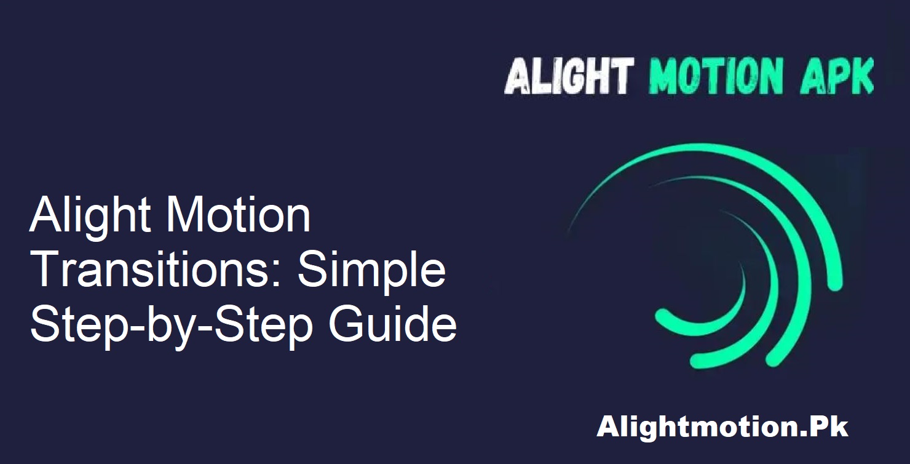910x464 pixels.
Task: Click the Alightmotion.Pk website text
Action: [x=722, y=427]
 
